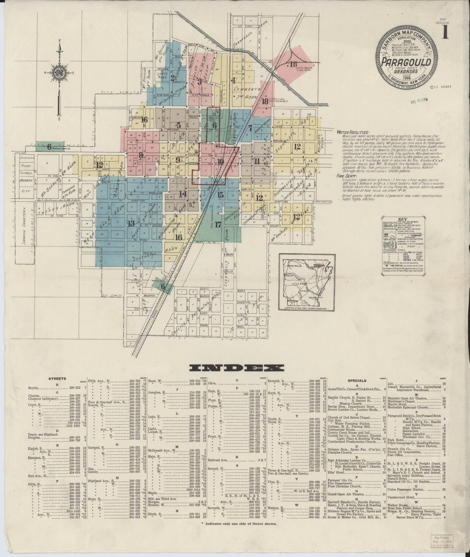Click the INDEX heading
tap(236, 368)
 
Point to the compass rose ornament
tap(59, 74)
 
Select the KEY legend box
tap(402, 247)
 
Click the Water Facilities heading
tap(353, 133)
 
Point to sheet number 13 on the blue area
tap(131, 223)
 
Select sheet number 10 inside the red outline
tap(221, 161)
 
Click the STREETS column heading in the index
tap(57, 379)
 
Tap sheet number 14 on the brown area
tap(183, 194)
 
